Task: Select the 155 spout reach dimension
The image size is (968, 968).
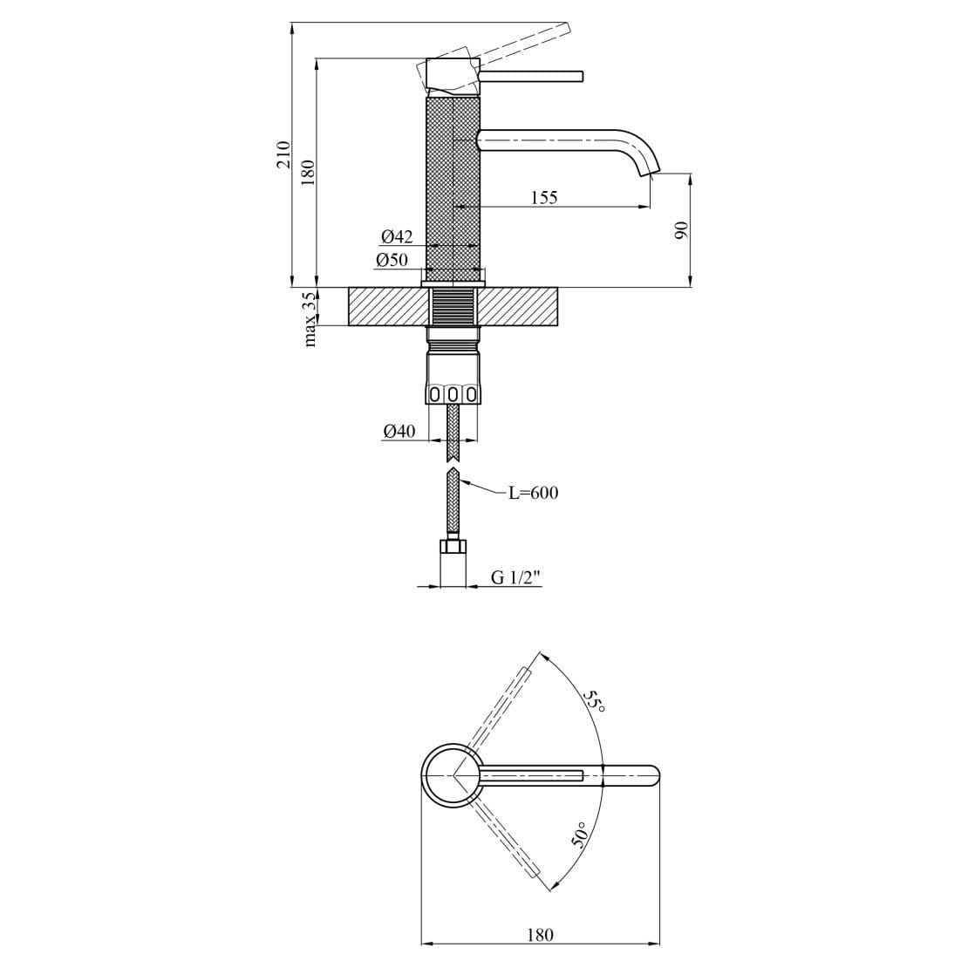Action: (x=544, y=197)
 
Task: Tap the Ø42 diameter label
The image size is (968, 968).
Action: (x=397, y=237)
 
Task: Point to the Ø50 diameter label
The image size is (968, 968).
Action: (x=392, y=260)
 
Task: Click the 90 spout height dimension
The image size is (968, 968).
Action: (x=682, y=230)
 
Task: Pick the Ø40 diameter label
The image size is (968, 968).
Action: (x=399, y=431)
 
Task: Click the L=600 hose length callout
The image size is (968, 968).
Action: (x=534, y=493)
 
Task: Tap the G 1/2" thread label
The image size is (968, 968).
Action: (x=516, y=576)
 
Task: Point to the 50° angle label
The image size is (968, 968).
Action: (x=580, y=835)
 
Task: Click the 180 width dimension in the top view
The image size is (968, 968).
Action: (x=540, y=935)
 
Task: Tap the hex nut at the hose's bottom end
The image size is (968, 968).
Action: (x=453, y=547)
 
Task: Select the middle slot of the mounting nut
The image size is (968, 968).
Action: (x=453, y=394)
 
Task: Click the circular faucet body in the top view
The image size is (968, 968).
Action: (x=449, y=774)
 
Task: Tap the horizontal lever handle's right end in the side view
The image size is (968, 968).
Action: (x=578, y=77)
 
